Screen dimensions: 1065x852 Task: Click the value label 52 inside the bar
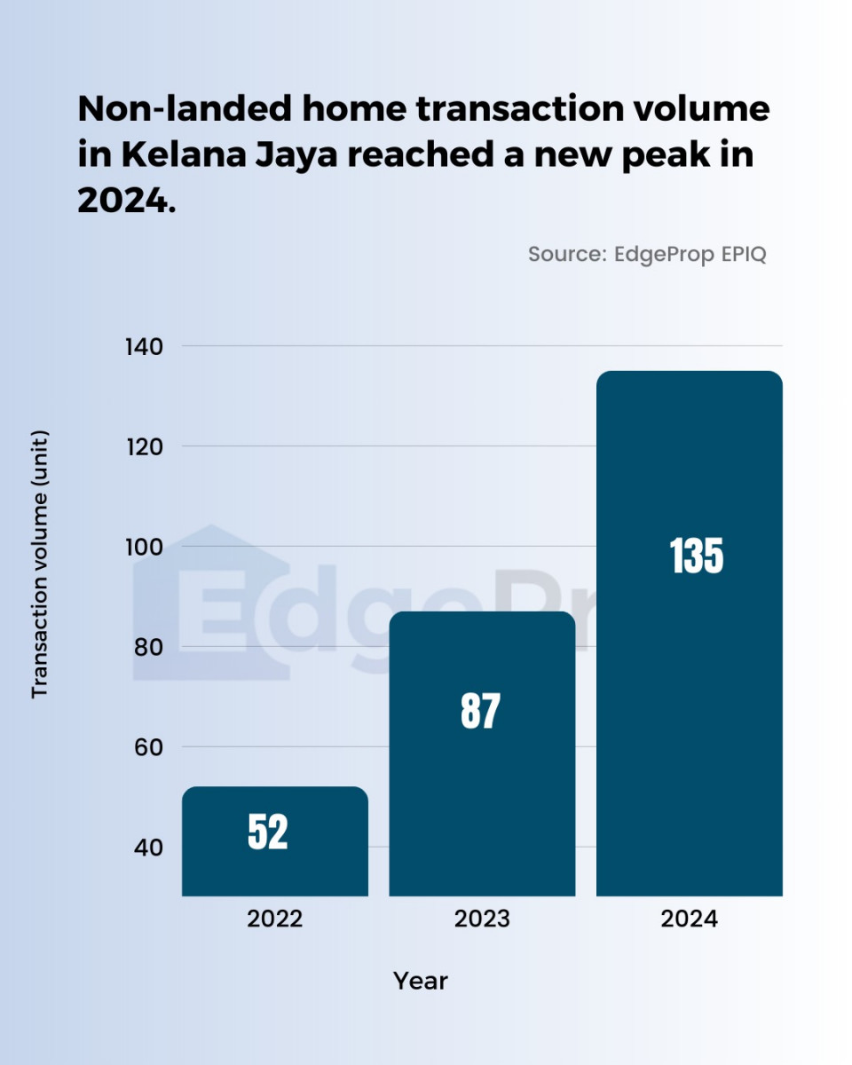tap(268, 832)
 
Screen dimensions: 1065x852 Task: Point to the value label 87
tap(481, 711)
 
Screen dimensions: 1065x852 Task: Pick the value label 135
tap(697, 556)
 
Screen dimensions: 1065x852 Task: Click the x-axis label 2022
tap(275, 919)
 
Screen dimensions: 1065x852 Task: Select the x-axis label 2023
tap(482, 919)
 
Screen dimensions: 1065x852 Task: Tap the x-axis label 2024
tap(689, 919)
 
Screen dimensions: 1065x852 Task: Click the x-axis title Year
tap(421, 981)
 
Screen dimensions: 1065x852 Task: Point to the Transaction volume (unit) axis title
tap(40, 564)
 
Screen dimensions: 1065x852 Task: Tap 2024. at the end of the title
tap(127, 201)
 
